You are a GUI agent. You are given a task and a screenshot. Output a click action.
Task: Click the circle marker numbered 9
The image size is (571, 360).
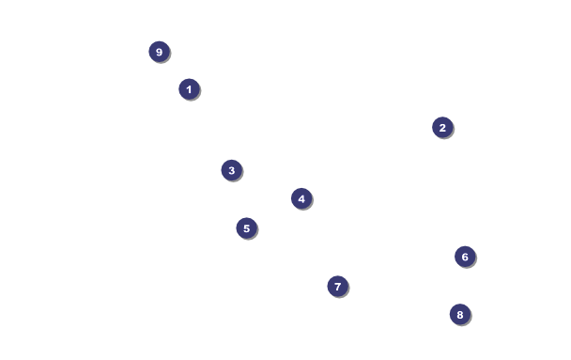point(159,52)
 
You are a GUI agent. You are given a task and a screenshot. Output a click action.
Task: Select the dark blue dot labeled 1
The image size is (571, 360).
point(189,89)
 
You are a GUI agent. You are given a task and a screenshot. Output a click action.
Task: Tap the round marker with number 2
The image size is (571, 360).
point(442,128)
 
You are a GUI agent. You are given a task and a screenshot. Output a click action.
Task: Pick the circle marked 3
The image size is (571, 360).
point(232,170)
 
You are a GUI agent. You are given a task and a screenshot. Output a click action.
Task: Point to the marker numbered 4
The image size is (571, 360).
point(301,199)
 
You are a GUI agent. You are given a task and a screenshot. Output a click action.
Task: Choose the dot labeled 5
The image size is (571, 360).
point(247,228)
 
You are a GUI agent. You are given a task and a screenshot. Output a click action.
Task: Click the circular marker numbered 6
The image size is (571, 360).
point(465,257)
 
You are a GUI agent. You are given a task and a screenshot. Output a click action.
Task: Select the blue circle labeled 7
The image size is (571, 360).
point(337,287)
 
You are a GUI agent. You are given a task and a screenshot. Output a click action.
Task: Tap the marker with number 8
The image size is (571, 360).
point(460,315)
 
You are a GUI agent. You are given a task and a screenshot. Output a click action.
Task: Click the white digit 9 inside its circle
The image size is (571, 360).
point(159,52)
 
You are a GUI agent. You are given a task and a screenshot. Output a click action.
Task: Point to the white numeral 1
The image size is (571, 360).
point(189,89)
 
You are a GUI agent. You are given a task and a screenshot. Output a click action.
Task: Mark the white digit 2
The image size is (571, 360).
point(442,128)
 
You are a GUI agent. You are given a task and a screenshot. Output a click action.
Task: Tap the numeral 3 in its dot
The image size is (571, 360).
point(232,170)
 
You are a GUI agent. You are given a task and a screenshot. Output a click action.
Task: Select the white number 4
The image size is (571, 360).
point(301,199)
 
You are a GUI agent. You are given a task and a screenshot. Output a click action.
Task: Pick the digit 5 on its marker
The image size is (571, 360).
point(247,228)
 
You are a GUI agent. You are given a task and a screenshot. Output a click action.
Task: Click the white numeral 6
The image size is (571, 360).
point(465,258)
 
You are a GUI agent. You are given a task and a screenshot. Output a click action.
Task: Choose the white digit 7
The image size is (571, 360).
point(337,287)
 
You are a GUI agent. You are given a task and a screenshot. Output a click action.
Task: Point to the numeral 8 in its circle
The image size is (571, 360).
point(460,315)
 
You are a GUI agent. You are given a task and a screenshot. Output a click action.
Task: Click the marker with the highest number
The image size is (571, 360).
point(159,52)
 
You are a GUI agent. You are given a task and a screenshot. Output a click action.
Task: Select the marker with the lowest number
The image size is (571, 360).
point(189,89)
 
